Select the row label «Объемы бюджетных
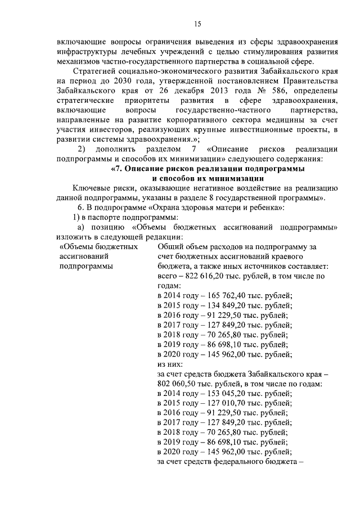tap(99, 246)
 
